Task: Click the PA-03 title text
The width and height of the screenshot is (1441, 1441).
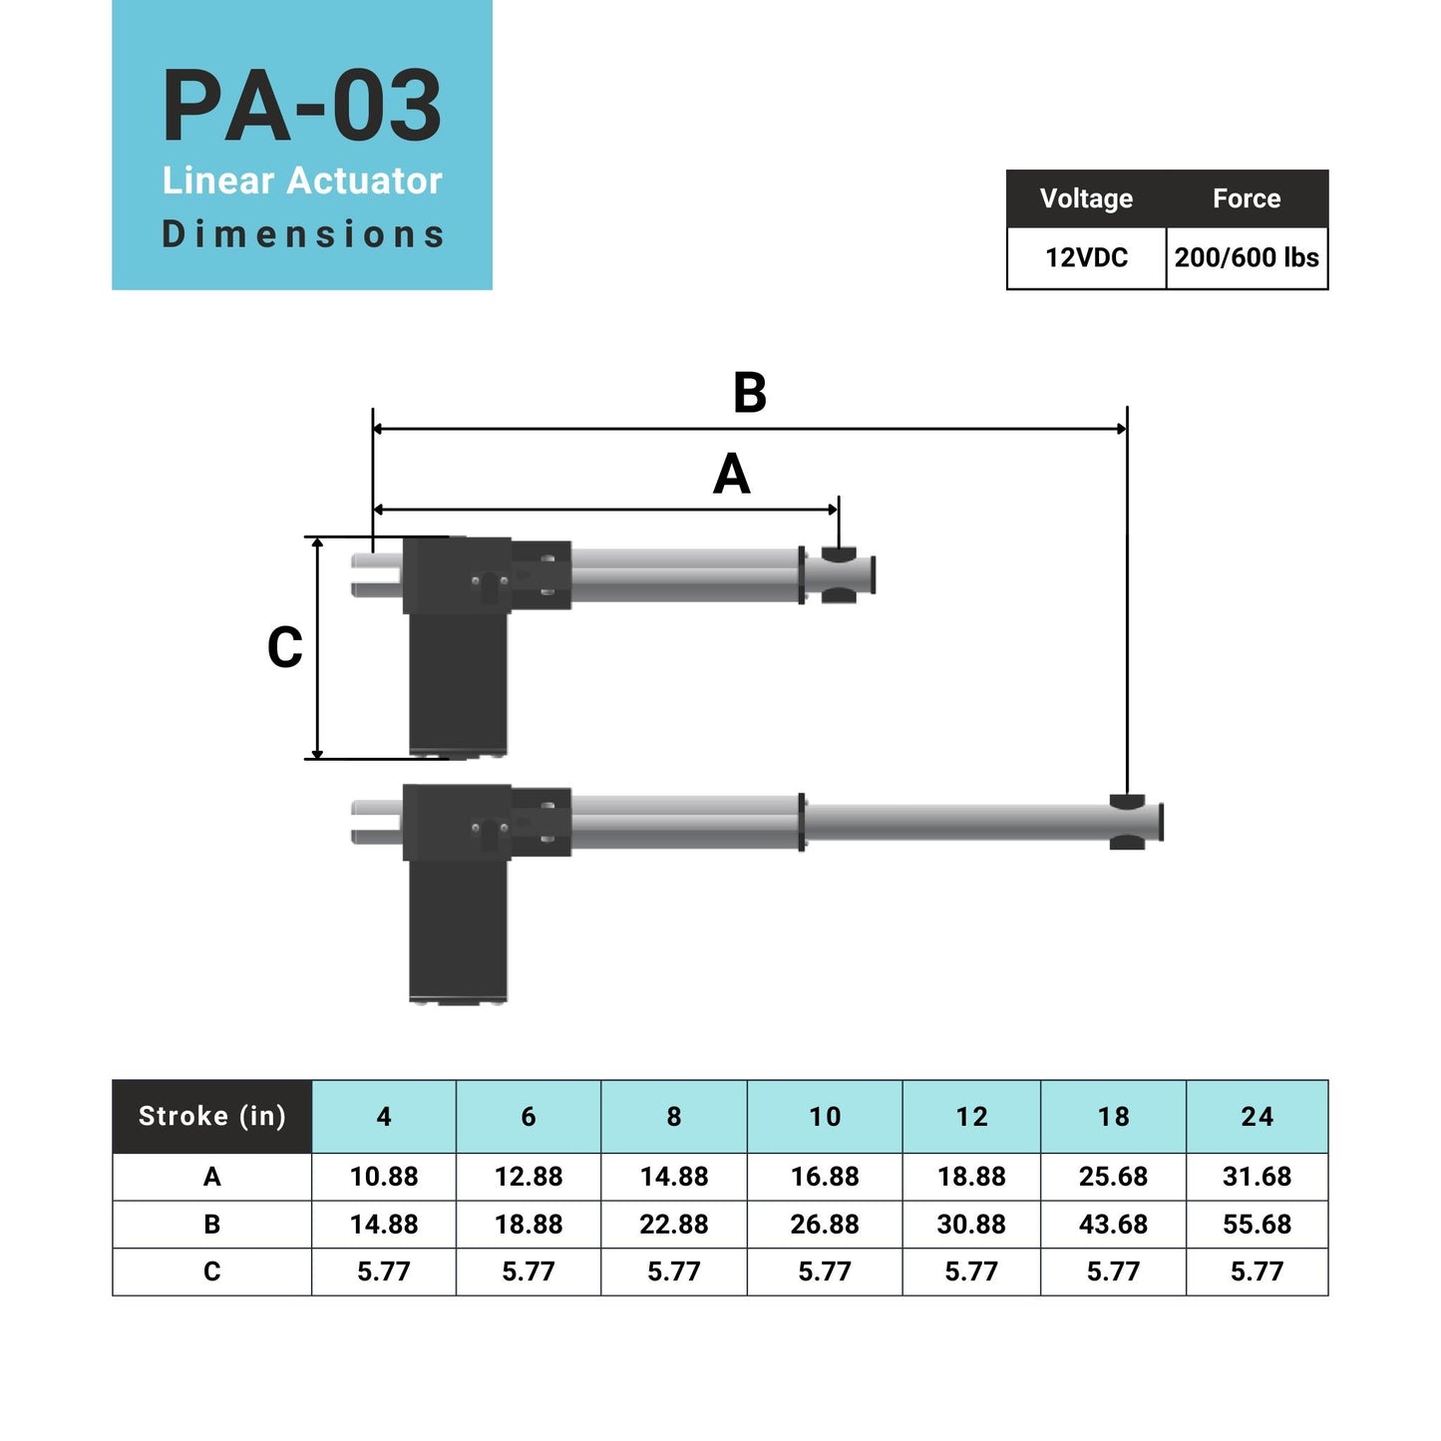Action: coord(301,107)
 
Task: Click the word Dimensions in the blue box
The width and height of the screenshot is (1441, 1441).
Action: coord(302,234)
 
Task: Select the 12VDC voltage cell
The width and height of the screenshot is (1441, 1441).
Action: coord(1086,258)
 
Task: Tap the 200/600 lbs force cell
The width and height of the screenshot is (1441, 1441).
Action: coord(1247,258)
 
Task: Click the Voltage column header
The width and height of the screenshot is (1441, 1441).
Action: coord(1086,198)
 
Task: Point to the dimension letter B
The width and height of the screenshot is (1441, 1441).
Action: coord(750,393)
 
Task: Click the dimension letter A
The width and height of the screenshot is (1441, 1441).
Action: coord(731,475)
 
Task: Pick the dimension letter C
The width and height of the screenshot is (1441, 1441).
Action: coord(284,648)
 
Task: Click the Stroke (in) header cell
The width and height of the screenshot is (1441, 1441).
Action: coord(211,1116)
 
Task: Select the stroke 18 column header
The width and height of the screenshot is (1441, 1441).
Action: coord(1113,1117)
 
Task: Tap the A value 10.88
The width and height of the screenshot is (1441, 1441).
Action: coord(384,1177)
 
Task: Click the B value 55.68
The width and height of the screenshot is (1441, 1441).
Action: coord(1257,1225)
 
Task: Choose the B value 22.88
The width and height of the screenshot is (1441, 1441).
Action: coord(674,1225)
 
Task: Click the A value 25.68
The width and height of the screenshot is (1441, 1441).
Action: coord(1113,1177)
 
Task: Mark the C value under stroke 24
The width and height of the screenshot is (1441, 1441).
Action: coord(1257,1271)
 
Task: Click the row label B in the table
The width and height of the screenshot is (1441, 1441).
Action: coord(211,1225)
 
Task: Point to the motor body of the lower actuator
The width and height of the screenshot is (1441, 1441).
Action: coord(458,927)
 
